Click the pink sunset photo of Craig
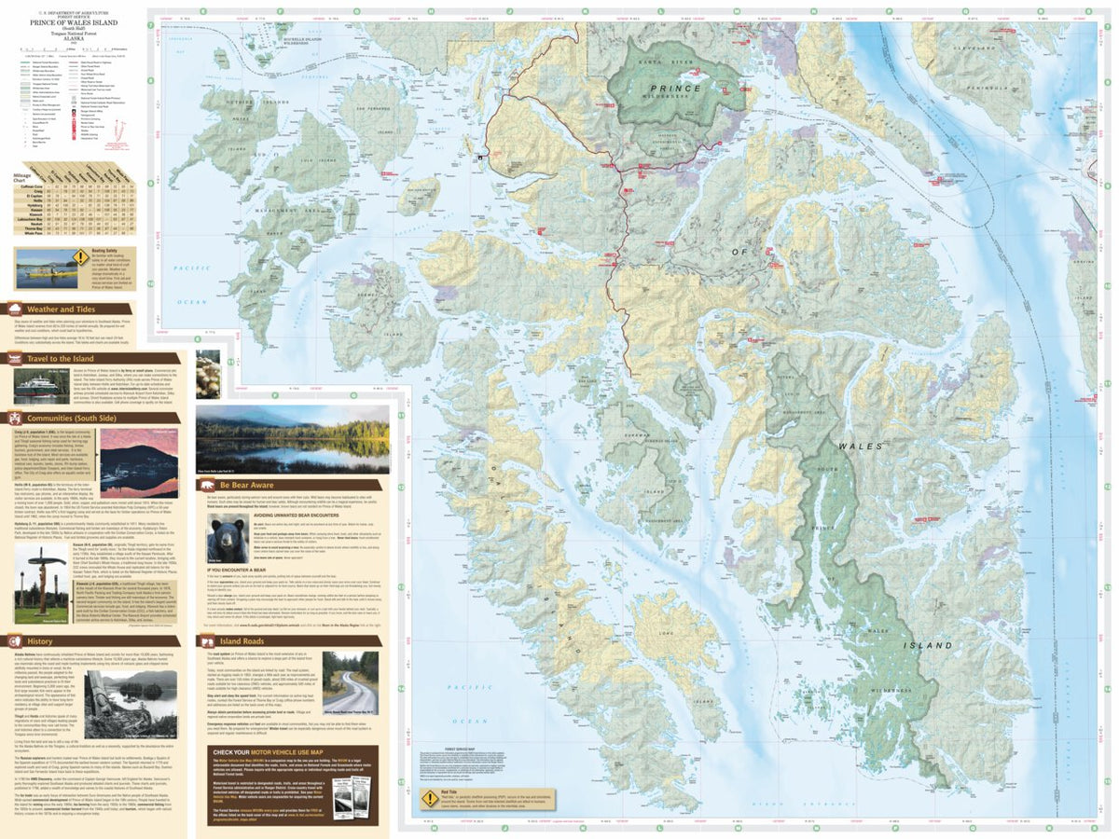pyautogui.click(x=139, y=462)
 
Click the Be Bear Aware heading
pyautogui.click(x=249, y=486)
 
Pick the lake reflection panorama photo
pyautogui.click(x=292, y=439)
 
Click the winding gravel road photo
pyautogui.click(x=350, y=683)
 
